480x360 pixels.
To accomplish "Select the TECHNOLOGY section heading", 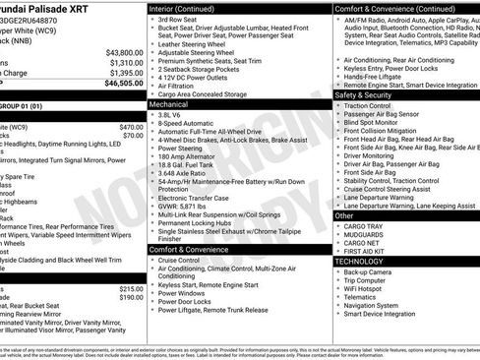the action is pos(360,262).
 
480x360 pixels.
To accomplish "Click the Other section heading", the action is pos(344,214).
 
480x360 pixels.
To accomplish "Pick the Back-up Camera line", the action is pos(372,271).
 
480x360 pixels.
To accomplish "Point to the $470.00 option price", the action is pos(131,127).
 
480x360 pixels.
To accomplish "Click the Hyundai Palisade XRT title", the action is pos(49,7).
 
